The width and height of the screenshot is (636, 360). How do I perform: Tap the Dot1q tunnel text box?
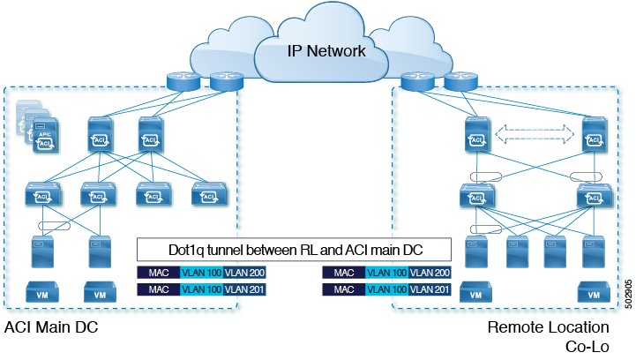296,247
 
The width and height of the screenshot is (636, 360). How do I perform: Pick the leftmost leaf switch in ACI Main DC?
40,191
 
